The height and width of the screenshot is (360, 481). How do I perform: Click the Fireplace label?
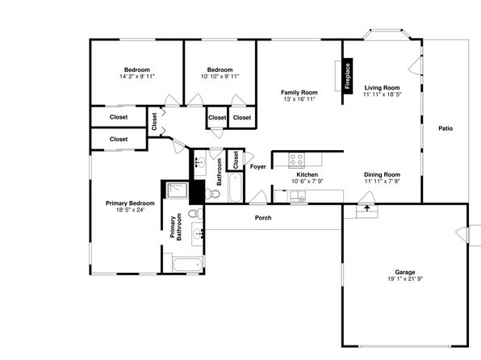tap(347, 76)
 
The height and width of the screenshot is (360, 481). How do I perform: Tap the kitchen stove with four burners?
tap(296, 160)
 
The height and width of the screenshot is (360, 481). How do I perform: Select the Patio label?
tap(445, 128)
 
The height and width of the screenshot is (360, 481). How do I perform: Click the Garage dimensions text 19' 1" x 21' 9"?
tap(405, 278)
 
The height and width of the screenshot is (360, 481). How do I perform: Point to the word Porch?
tap(263, 218)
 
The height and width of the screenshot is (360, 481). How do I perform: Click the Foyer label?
tap(258, 166)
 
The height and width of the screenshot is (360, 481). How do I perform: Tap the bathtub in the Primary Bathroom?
tap(187, 265)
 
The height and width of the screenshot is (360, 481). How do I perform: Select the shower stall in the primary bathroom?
tap(177, 190)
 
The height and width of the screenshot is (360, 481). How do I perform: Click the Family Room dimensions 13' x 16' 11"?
tap(299, 99)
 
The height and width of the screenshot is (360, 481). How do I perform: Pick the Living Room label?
tap(382, 87)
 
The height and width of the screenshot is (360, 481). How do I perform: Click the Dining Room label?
tap(382, 174)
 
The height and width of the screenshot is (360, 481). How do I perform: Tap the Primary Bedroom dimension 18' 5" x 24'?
tap(130, 210)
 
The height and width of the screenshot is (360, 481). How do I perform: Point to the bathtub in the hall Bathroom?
tap(236, 187)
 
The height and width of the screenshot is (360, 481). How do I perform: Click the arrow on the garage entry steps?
tap(367, 208)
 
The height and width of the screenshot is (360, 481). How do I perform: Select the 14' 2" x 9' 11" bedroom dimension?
tap(137, 76)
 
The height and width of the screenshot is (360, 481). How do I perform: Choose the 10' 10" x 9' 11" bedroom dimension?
tap(220, 76)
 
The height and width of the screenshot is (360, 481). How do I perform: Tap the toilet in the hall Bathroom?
tap(212, 194)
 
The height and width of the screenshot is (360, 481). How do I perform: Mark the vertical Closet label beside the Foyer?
tap(236, 160)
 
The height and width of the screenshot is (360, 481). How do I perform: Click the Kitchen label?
tap(307, 174)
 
